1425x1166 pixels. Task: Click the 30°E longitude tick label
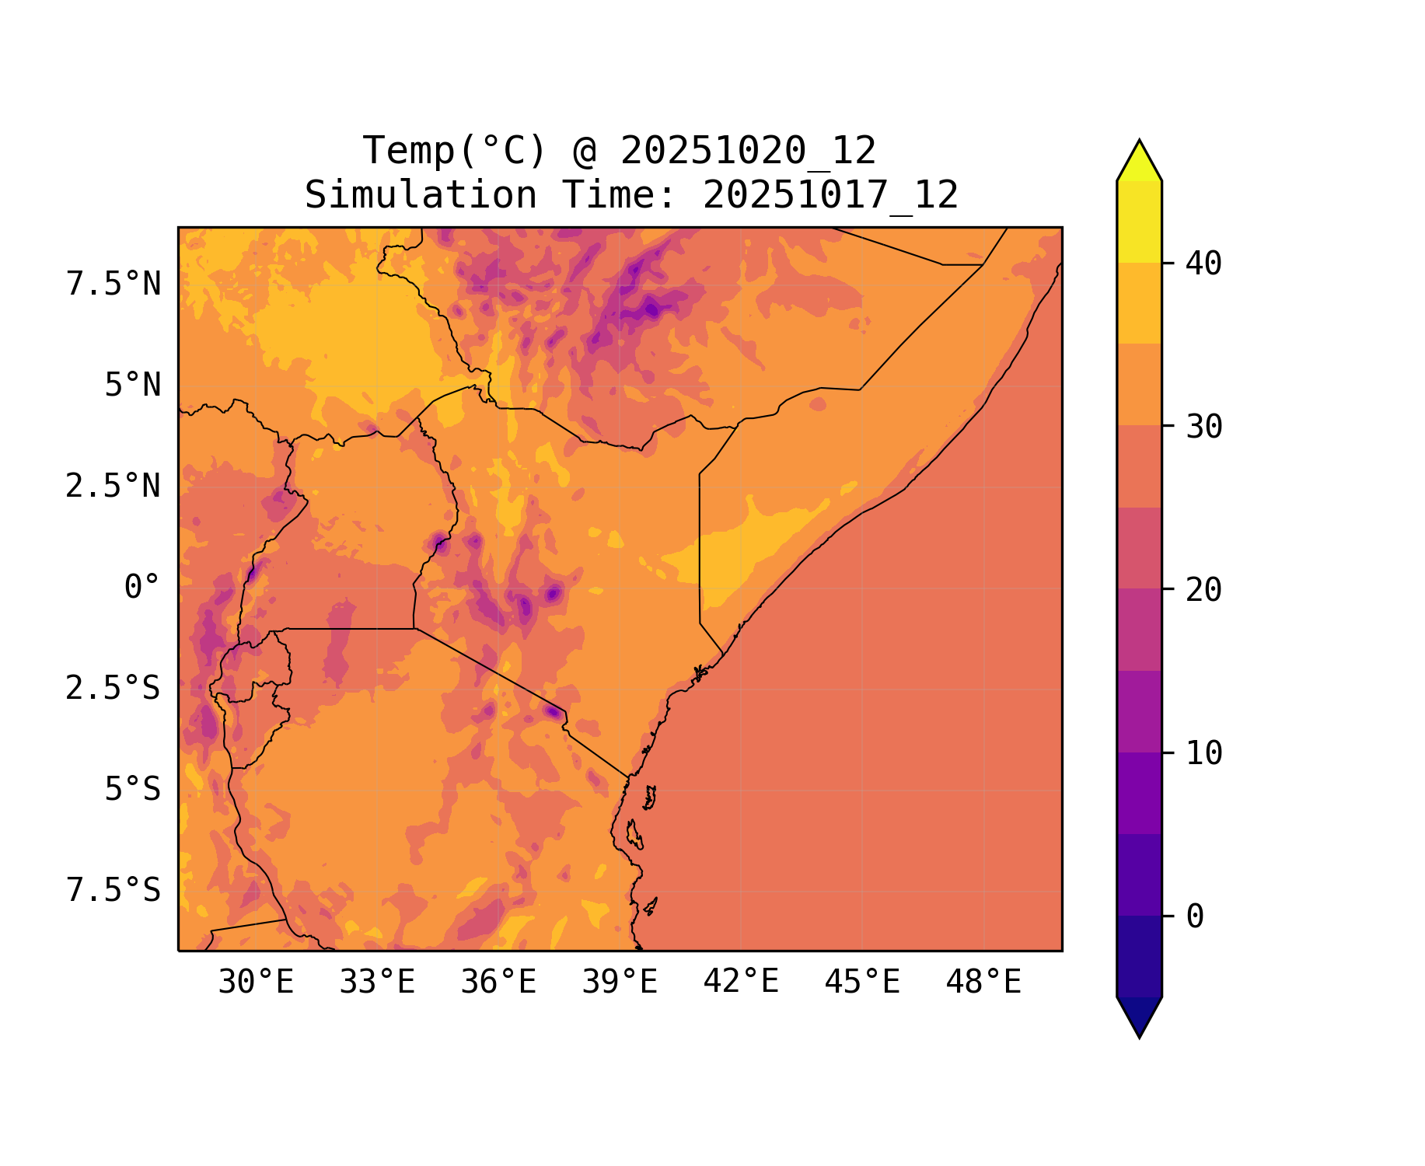pyautogui.click(x=256, y=983)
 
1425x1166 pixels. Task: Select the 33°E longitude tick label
pyautogui.click(x=377, y=983)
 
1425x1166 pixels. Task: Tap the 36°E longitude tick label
pyautogui.click(x=498, y=983)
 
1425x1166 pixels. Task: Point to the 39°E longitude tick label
pyautogui.click(x=620, y=983)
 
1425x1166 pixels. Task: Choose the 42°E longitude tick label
pyautogui.click(x=741, y=982)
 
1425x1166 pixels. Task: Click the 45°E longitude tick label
pyautogui.click(x=862, y=983)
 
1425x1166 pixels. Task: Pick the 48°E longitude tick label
pyautogui.click(x=983, y=983)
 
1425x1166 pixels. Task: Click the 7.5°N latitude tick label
pyautogui.click(x=114, y=285)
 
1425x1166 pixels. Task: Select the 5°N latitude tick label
pyautogui.click(x=133, y=386)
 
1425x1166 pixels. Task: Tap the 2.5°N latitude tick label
pyautogui.click(x=114, y=487)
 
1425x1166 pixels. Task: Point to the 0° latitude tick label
pyautogui.click(x=142, y=588)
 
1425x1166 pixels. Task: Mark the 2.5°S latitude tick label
pyautogui.click(x=114, y=689)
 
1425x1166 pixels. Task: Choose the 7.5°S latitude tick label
pyautogui.click(x=114, y=891)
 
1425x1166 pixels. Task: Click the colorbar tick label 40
pyautogui.click(x=1203, y=264)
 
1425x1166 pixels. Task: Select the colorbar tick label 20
pyautogui.click(x=1203, y=590)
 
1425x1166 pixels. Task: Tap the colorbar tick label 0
pyautogui.click(x=1195, y=917)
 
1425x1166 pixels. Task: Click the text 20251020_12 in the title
pyautogui.click(x=748, y=151)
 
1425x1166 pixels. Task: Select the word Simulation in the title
pyautogui.click(x=421, y=195)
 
